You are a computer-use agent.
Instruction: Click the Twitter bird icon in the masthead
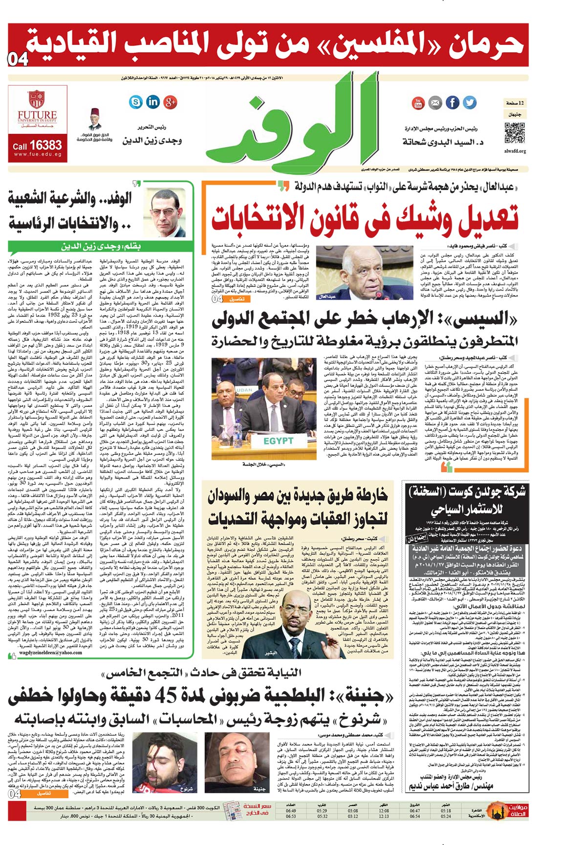point(469,103)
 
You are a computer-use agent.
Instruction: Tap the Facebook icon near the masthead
point(453,103)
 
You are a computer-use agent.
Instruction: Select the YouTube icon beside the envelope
point(418,103)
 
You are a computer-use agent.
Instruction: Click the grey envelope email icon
point(435,103)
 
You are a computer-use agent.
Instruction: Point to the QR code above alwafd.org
point(514,133)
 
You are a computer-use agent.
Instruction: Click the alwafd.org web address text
point(515,151)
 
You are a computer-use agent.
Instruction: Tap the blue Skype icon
point(136,102)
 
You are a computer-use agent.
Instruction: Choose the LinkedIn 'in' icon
point(153,102)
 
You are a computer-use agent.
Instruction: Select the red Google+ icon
point(170,102)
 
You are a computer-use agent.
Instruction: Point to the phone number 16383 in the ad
point(45,145)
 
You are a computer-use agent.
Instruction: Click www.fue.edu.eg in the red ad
point(37,154)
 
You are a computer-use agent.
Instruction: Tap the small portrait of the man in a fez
point(95,120)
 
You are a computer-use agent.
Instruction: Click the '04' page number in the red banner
point(18,60)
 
